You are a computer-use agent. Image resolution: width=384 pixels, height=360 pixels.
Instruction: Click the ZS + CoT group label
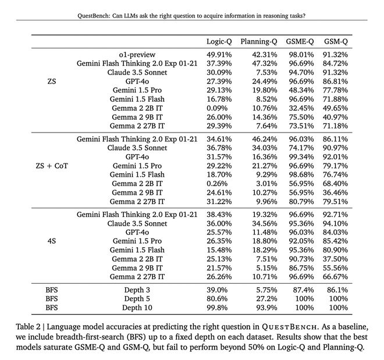point(52,165)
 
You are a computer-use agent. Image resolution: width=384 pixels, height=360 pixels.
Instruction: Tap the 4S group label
point(52,240)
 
